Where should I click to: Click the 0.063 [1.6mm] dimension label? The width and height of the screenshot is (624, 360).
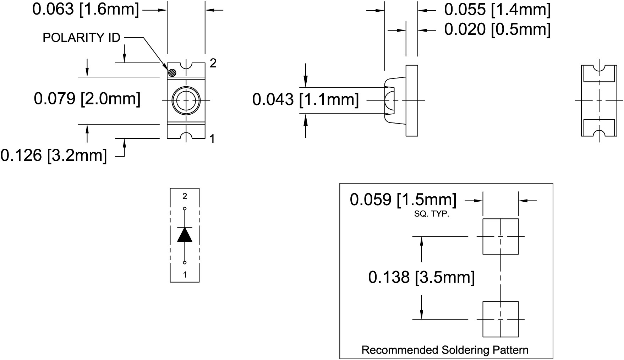(x=86, y=9)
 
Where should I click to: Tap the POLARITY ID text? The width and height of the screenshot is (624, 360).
(x=81, y=38)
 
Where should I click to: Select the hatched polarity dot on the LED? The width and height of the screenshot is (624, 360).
(x=172, y=73)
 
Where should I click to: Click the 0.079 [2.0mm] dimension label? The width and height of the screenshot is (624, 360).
(x=87, y=99)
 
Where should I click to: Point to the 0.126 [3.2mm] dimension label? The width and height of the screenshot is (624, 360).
(x=54, y=155)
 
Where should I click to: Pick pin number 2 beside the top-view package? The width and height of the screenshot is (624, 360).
(x=213, y=63)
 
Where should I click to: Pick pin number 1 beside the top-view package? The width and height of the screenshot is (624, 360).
(x=212, y=139)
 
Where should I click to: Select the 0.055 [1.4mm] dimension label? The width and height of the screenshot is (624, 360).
(x=497, y=10)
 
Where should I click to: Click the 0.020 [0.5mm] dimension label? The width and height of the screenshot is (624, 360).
(x=497, y=29)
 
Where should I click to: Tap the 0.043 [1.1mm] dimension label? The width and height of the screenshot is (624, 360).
(x=305, y=99)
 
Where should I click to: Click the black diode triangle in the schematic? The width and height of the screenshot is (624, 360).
(x=185, y=235)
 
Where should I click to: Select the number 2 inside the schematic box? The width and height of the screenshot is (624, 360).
(x=185, y=196)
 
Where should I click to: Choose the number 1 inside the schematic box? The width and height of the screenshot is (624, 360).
(x=185, y=274)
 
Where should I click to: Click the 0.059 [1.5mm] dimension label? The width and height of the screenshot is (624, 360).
(x=403, y=200)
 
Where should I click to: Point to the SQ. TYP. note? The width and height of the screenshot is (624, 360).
(x=432, y=214)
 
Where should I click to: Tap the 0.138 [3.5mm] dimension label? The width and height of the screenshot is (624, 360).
(x=421, y=277)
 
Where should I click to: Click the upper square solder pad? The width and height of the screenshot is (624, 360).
(x=500, y=236)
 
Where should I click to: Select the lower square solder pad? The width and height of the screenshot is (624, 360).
(x=500, y=319)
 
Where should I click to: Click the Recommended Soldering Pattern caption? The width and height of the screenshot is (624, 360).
(x=445, y=350)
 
